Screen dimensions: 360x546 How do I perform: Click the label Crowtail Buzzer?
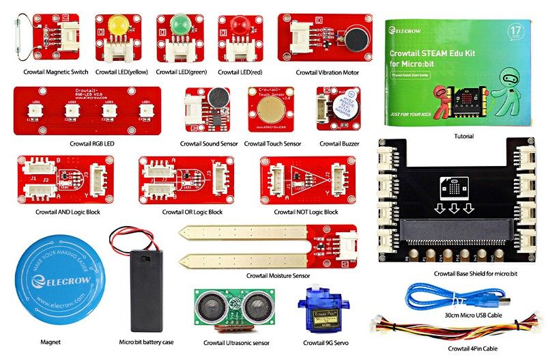pyautogui.click(x=339, y=144)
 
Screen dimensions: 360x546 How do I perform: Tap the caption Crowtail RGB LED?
pyautogui.click(x=91, y=144)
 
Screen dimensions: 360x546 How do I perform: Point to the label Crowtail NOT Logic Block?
pyautogui.click(x=306, y=212)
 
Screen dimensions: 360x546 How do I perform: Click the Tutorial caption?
pyautogui.click(x=464, y=137)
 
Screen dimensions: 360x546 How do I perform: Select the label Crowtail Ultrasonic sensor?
pyautogui.click(x=236, y=342)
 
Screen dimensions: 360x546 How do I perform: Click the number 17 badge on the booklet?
pyautogui.click(x=517, y=32)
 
